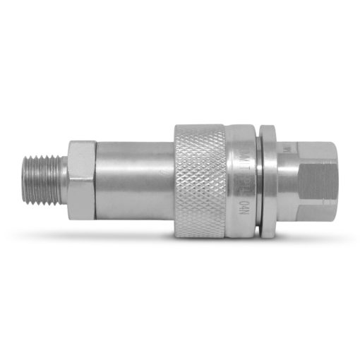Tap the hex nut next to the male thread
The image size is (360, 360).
[x=81, y=179]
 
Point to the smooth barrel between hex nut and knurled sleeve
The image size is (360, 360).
[x=134, y=180]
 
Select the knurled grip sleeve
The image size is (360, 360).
[x=200, y=180]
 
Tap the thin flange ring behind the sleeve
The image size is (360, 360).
[x=268, y=180]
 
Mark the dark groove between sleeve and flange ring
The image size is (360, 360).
[x=258, y=180]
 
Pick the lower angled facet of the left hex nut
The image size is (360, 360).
[x=81, y=210]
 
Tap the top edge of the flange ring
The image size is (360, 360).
[x=268, y=127]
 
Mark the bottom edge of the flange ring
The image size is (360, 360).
[x=268, y=234]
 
